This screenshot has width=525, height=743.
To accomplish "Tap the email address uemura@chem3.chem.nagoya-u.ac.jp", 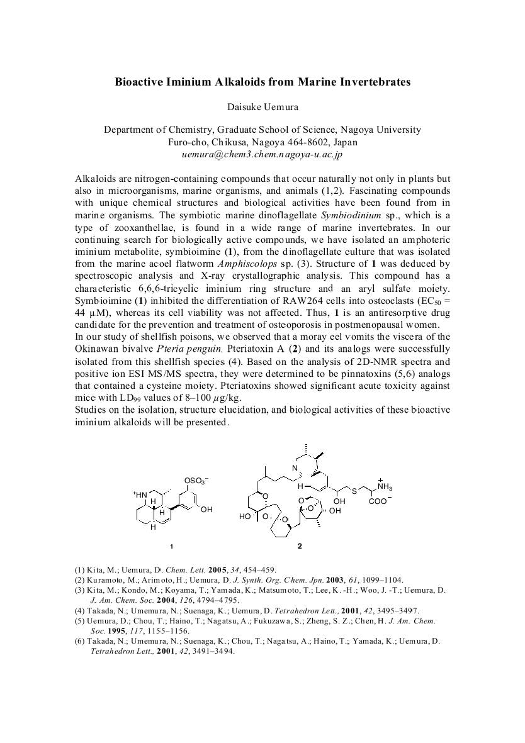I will coord(262,154).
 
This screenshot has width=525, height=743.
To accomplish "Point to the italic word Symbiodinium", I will coord(344,215).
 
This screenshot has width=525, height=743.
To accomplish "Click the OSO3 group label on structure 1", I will coord(195,481).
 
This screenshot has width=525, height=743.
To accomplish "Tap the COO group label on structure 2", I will coord(379,502).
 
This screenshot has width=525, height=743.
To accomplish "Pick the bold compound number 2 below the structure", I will coord(300,546).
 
